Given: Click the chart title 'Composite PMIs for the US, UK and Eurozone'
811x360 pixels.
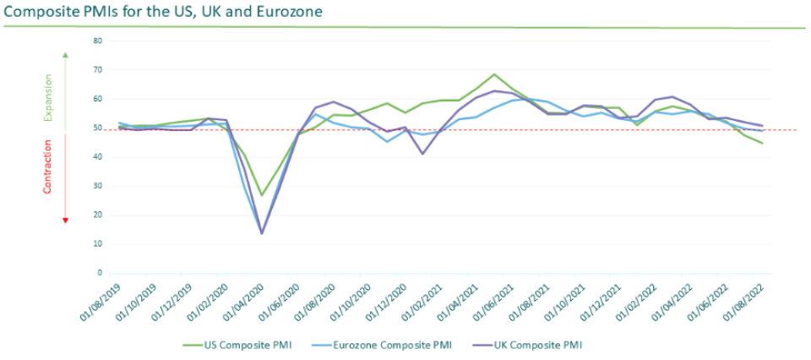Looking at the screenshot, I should coord(163,12).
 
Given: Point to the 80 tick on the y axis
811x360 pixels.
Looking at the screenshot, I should coord(98,41).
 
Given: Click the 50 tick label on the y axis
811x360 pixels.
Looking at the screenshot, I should coord(98,128).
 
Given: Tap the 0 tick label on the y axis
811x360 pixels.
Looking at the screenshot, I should coord(100,273).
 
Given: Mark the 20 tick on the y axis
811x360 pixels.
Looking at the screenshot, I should coord(98,215).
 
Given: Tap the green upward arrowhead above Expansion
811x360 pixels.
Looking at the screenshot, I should coord(66,55).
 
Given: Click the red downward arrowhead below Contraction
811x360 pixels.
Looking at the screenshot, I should coord(66,220).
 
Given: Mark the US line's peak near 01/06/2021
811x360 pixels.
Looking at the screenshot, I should coord(494,74).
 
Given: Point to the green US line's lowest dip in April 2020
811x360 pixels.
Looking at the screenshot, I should coord(262,195).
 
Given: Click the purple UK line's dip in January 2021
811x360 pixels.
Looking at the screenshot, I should coord(422,154).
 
